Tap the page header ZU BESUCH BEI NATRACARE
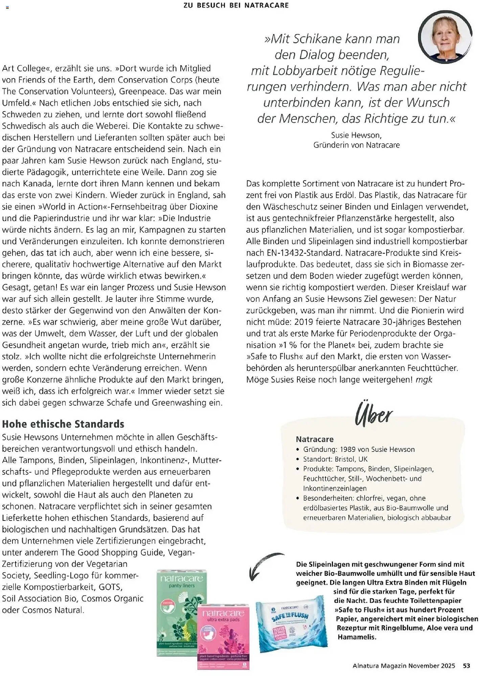click(236, 5)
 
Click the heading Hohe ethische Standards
click(63, 424)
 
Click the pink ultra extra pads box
click(223, 635)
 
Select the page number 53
click(466, 666)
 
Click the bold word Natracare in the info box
click(315, 439)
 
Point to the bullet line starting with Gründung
click(359, 449)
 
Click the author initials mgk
click(424, 380)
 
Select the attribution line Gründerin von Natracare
click(356, 145)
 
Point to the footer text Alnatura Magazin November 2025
click(404, 666)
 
